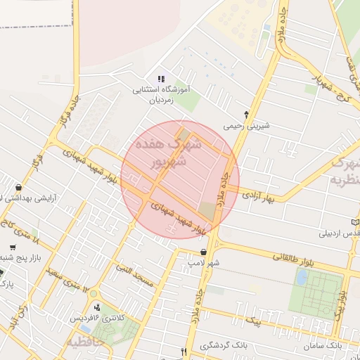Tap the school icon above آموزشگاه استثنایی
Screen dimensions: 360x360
[160, 79]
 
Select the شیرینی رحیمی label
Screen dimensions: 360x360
[246, 127]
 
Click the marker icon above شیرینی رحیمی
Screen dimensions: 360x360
[246, 114]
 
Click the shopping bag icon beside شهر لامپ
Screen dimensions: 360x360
[203, 252]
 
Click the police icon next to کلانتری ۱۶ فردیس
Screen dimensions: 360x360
[97, 307]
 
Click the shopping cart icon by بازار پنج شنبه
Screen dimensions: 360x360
[13, 248]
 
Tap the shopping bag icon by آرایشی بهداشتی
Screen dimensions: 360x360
[18, 188]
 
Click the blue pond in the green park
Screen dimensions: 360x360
[302, 276]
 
